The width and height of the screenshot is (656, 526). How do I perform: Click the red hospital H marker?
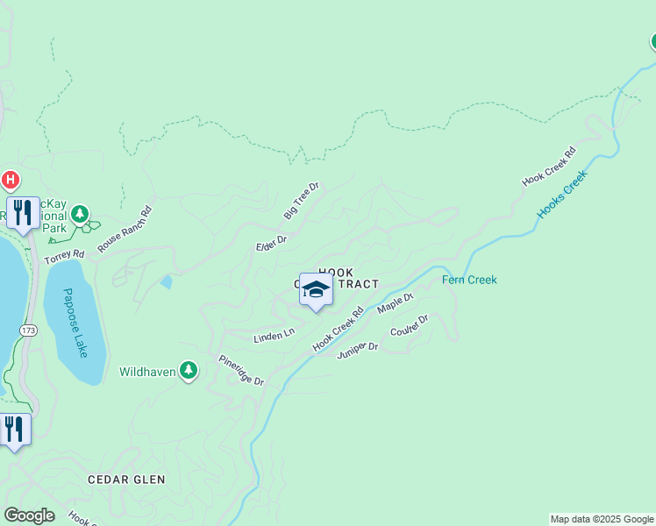(x=10, y=181)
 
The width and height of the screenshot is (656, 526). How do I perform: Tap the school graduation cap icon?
(x=316, y=289)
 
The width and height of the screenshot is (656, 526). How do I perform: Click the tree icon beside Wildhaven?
(x=188, y=371)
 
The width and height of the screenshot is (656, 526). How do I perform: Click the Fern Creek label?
(x=469, y=281)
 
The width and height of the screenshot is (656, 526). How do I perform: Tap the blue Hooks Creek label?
(x=561, y=194)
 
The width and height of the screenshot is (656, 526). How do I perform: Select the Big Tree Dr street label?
(x=303, y=201)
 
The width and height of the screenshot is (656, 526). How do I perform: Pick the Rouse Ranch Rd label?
(x=125, y=230)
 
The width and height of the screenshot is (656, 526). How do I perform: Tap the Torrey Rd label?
(x=65, y=255)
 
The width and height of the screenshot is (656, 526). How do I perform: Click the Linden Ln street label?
(x=273, y=336)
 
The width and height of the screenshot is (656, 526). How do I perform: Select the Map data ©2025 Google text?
(x=602, y=519)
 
